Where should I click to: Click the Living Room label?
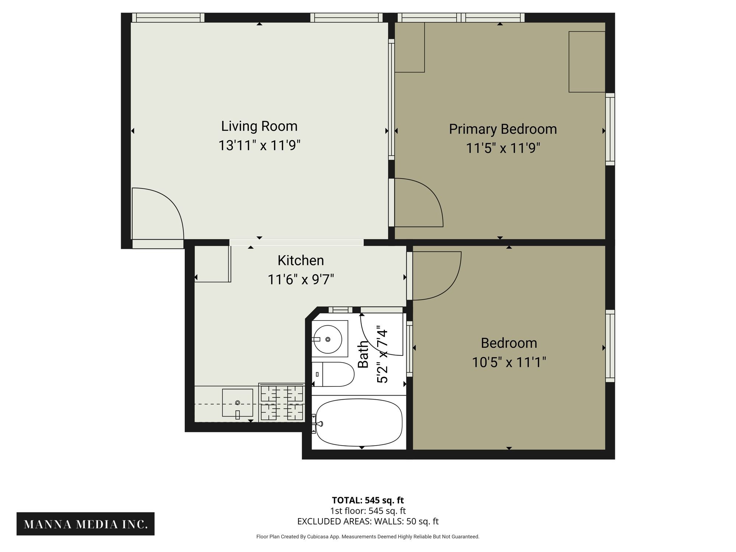(x=259, y=126)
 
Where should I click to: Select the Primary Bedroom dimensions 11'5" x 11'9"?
(x=503, y=148)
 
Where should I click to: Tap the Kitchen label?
(x=301, y=261)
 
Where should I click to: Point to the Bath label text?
(x=363, y=354)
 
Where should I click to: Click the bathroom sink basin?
(x=328, y=339)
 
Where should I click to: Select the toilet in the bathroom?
(x=333, y=374)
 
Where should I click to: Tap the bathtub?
(x=359, y=422)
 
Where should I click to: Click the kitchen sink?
(x=237, y=403)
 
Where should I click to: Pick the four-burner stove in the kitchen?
(x=282, y=402)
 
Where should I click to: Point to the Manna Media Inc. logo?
(x=85, y=524)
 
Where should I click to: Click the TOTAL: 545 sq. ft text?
(x=368, y=500)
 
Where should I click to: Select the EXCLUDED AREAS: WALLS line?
(x=368, y=521)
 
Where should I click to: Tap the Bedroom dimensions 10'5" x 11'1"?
(x=509, y=362)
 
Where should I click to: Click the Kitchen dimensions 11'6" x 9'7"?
(x=301, y=280)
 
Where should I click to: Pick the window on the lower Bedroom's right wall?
(x=610, y=346)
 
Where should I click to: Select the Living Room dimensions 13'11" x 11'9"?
(x=259, y=145)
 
